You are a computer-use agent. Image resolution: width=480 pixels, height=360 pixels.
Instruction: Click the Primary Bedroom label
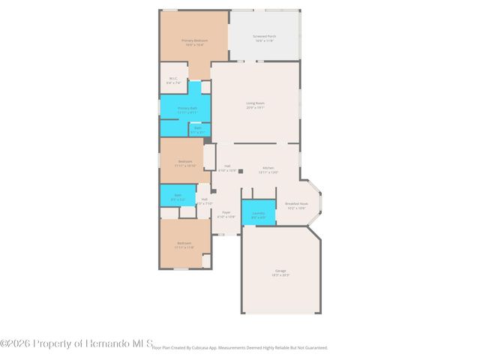tap(194, 40)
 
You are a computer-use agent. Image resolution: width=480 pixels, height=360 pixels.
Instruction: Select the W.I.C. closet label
tap(173, 78)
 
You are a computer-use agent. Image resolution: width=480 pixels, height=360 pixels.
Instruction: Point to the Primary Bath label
tap(187, 108)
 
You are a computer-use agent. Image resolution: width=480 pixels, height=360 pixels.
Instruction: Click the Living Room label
tap(255, 103)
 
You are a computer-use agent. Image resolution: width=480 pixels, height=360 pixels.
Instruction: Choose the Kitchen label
tap(268, 167)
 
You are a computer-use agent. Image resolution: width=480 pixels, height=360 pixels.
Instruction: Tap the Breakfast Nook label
tap(297, 203)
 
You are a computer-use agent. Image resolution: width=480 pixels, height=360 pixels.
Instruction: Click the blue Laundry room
tap(258, 213)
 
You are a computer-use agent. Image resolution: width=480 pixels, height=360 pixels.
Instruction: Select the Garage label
tap(280, 271)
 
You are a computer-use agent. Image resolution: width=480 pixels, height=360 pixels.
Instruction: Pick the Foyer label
tap(226, 212)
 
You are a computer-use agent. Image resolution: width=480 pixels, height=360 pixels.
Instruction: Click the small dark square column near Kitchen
tap(240, 171)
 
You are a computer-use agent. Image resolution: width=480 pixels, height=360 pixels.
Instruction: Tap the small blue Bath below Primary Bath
tap(198, 129)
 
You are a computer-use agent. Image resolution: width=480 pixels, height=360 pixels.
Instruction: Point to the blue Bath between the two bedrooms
tap(177, 195)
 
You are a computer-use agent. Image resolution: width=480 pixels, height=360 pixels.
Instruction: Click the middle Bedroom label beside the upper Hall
tap(185, 161)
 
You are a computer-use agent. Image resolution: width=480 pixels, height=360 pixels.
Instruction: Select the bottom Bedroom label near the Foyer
tap(184, 242)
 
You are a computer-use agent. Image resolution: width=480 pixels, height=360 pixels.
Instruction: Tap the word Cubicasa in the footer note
tap(205, 347)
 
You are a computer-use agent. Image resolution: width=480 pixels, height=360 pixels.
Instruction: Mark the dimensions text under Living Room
tap(255, 108)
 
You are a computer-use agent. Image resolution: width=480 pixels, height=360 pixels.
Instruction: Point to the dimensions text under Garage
tap(280, 276)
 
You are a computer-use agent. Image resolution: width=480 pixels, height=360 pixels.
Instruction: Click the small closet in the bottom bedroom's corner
tap(206, 260)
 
